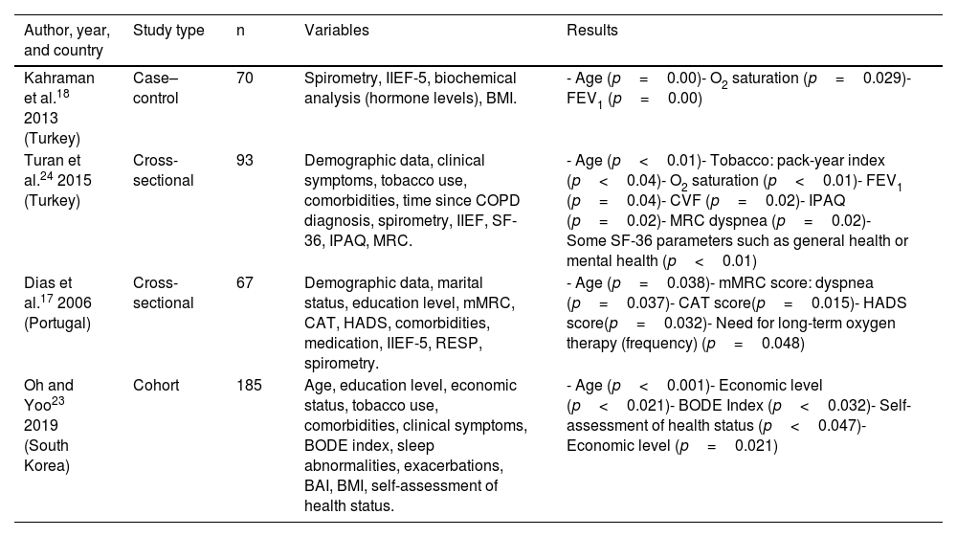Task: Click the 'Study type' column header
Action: point(168,31)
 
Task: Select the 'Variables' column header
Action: point(336,31)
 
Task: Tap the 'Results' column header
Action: point(592,31)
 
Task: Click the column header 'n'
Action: point(240,31)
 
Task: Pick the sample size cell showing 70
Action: point(244,78)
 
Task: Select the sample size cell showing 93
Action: point(244,160)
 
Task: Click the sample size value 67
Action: point(244,282)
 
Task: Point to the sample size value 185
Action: point(248,386)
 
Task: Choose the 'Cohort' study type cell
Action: point(155,386)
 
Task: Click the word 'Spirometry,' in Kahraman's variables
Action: point(336,78)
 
